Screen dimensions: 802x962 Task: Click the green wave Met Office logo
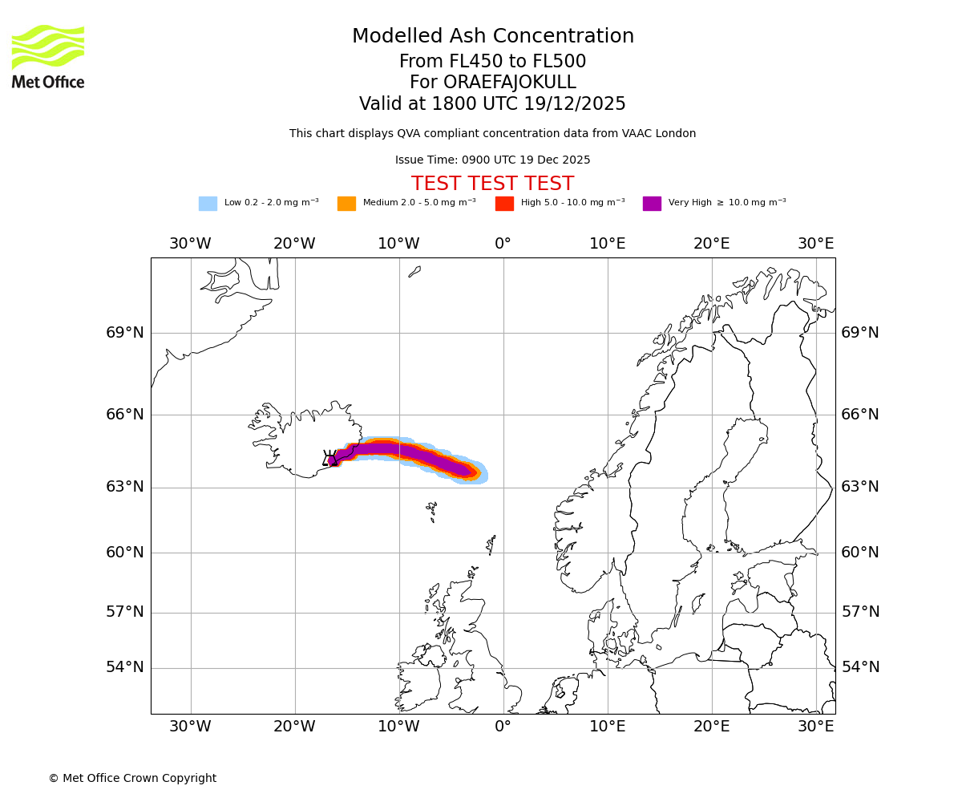point(48,47)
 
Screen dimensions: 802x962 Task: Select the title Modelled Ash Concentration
point(492,37)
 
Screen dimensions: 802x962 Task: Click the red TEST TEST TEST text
point(492,184)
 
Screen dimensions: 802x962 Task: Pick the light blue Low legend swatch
point(208,204)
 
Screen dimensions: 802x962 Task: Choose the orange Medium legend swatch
point(346,204)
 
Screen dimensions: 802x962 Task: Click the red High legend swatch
point(504,204)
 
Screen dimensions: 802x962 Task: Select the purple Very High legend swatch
point(652,204)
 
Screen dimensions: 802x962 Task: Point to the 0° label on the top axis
point(503,244)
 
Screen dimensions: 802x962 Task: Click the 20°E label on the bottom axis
point(711,727)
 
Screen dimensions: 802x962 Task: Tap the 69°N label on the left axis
point(125,333)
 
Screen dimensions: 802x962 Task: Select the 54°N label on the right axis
point(859,667)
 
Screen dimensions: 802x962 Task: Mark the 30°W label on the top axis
point(190,244)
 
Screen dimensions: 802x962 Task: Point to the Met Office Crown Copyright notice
point(132,778)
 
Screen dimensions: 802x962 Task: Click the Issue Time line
point(492,160)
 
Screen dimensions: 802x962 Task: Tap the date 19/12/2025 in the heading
point(575,104)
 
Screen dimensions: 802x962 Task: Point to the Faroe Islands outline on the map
point(432,510)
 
